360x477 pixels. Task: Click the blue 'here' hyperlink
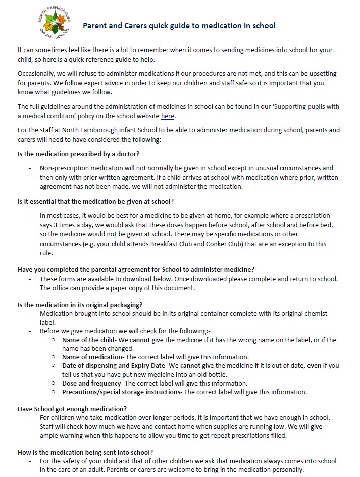pyautogui.click(x=167, y=116)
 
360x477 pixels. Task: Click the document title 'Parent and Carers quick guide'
pyautogui.click(x=179, y=26)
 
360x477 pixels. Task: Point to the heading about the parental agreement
pyautogui.click(x=136, y=268)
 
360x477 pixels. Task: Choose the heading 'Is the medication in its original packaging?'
pyautogui.click(x=80, y=304)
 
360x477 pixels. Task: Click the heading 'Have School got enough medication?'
pyautogui.click(x=72, y=408)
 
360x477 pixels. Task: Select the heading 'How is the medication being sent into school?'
pyautogui.click(x=85, y=452)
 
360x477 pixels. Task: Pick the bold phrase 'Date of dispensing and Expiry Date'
pyautogui.click(x=114, y=365)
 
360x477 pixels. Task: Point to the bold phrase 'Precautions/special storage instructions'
pyautogui.click(x=122, y=392)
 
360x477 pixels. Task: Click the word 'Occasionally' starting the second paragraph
pyautogui.click(x=36, y=74)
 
